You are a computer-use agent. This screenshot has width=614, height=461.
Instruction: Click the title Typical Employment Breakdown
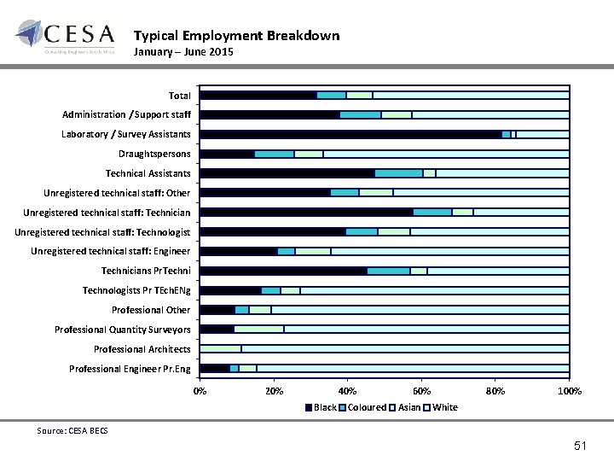point(236,36)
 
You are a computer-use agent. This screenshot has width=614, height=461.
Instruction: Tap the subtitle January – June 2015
point(183,53)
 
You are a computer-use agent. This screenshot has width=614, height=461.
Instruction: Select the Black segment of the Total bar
point(258,95)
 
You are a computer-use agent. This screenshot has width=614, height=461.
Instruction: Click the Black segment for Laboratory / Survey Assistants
point(350,134)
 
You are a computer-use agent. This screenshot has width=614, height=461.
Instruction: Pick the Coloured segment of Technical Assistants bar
point(398,173)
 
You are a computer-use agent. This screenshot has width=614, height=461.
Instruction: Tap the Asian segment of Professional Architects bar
point(220,349)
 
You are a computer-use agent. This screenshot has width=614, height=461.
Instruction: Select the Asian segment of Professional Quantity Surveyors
point(258,330)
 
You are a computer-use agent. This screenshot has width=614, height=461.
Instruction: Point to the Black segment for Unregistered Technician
point(305,212)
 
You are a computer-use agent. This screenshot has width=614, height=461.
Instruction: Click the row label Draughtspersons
point(154,154)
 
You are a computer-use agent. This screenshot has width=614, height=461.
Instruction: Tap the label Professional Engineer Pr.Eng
point(130,369)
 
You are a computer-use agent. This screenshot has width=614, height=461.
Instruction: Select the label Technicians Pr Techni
point(145,271)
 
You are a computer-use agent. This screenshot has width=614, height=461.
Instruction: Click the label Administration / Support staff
point(126,114)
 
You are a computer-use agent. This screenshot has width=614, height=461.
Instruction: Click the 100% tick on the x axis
point(569,392)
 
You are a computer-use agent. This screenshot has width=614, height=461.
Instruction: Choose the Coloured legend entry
point(367,407)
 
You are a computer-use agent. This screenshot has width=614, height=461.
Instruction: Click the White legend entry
point(444,407)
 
